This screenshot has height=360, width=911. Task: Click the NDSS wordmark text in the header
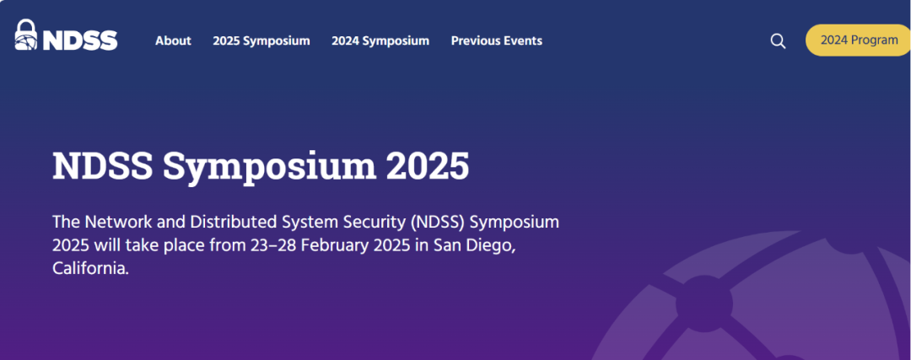80,40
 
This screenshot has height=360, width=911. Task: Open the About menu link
173,40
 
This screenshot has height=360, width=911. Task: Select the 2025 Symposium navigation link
261,40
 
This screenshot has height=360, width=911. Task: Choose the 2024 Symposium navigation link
380,40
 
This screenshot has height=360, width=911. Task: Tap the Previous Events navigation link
497,40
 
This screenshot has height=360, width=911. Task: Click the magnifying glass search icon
778,41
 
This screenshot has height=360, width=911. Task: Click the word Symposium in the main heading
269,167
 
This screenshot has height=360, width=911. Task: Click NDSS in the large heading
103,166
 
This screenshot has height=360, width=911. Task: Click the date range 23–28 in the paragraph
275,245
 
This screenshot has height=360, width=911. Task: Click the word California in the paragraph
90,269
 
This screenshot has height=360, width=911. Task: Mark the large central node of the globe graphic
704,304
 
